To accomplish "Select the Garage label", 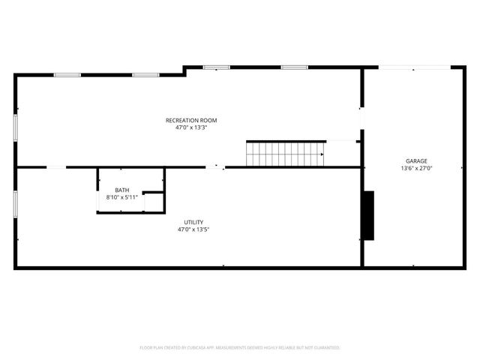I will (416, 160).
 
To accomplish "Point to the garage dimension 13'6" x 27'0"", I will (416, 168).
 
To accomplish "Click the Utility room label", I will (193, 222).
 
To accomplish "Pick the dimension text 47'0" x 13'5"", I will (193, 229).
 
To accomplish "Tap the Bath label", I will (121, 190).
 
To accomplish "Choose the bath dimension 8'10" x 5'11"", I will (121, 197).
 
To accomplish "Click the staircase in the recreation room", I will (285, 154).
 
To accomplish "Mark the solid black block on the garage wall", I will (368, 215).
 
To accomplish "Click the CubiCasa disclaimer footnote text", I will (240, 348).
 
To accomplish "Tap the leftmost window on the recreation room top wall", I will (67, 74).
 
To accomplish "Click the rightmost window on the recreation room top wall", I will (294, 67).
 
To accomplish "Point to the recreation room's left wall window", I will (15, 126).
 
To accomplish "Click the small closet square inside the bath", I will (154, 202).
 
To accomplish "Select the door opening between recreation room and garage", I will (361, 118).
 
